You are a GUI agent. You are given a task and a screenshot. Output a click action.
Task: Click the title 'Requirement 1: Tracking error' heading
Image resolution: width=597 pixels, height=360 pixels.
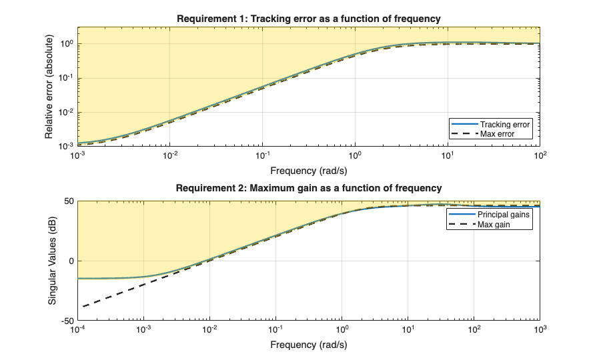308,19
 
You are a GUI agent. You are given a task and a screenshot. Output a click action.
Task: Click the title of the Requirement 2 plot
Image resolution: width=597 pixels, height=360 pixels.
308,188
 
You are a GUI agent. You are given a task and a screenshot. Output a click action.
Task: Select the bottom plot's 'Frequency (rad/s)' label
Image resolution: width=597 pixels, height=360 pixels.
308,345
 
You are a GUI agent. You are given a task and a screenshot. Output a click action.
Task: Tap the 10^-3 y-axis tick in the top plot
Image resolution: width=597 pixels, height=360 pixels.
65,146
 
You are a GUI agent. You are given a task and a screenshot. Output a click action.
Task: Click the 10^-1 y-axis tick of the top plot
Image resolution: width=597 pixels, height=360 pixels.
65,78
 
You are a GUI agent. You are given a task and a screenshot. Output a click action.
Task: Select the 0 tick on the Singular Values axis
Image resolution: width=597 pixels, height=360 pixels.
71,261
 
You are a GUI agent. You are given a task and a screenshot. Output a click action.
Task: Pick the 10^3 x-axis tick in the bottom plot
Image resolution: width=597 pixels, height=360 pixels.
540,330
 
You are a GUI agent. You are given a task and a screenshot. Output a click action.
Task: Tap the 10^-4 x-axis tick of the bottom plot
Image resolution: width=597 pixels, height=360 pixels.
78,330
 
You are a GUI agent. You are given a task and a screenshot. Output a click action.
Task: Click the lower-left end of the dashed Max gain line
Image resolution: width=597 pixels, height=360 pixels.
83,307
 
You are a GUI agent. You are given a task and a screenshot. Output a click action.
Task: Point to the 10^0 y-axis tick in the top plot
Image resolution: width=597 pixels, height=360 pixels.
65,44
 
